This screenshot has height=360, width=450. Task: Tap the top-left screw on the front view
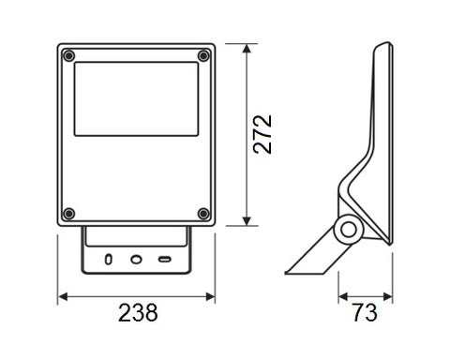tap(69, 56)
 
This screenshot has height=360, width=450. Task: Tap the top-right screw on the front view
tap(203, 56)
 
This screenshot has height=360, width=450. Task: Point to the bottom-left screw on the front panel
tap(69, 214)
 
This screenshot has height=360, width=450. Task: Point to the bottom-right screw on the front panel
tap(203, 214)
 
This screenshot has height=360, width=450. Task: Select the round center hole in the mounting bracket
tap(137, 257)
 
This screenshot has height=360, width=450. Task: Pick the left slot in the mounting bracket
tap(109, 257)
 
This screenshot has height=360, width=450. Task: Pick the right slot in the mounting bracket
tap(164, 257)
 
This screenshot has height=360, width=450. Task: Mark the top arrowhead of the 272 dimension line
tap(246, 46)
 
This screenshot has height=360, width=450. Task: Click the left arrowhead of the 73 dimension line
tap(341, 296)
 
